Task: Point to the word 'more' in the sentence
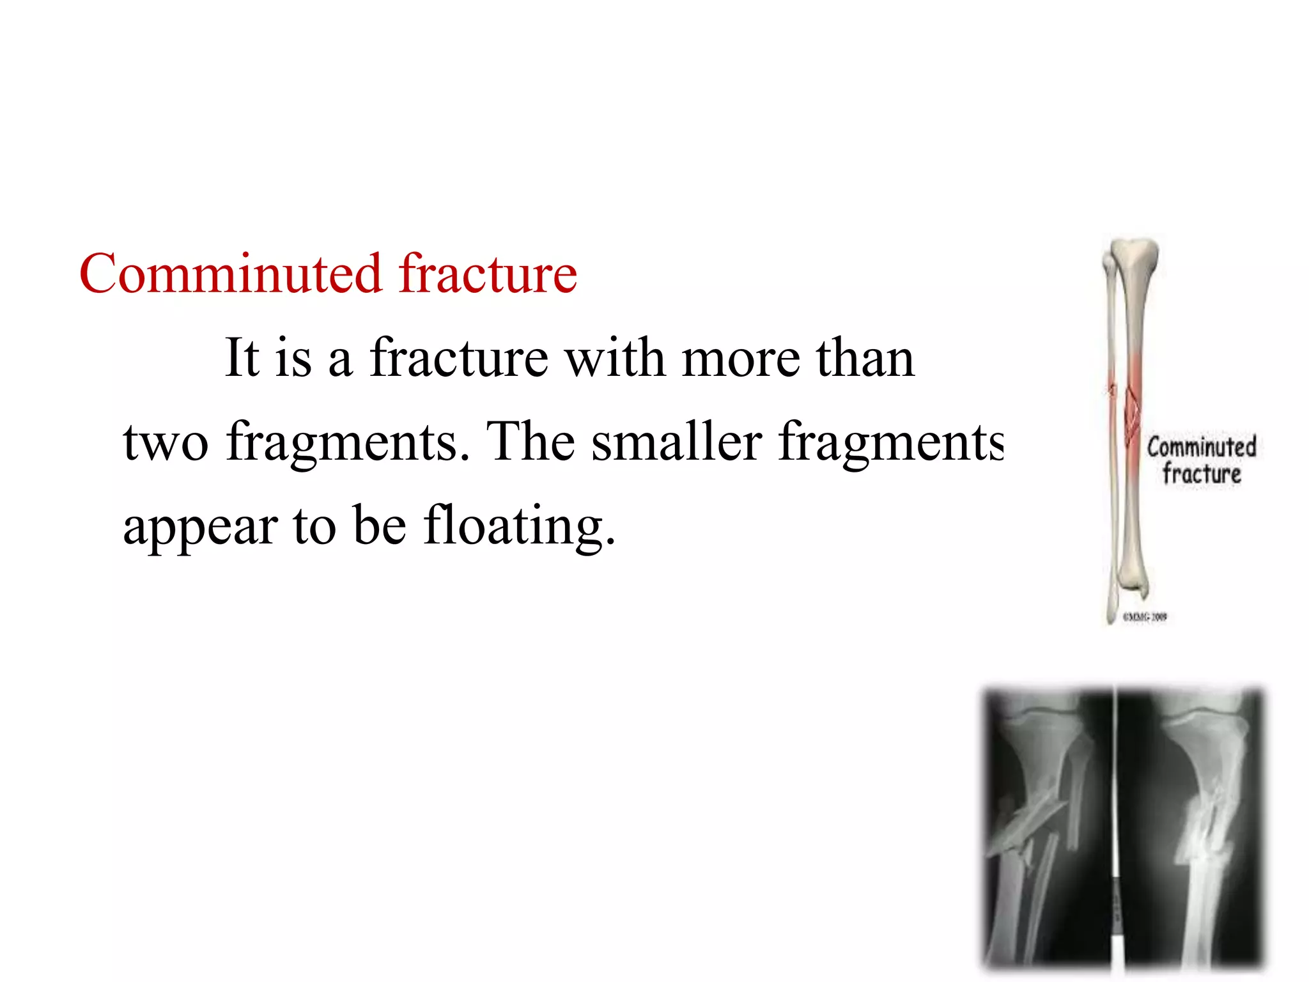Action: tap(741, 359)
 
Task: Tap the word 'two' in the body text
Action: tap(166, 442)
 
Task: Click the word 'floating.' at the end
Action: tap(520, 526)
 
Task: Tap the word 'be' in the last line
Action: tap(380, 526)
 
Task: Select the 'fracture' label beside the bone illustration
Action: tap(1202, 474)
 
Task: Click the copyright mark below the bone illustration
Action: tap(1145, 617)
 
